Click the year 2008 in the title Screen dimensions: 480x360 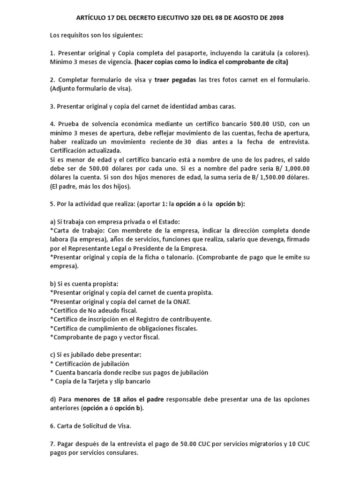(276, 18)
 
